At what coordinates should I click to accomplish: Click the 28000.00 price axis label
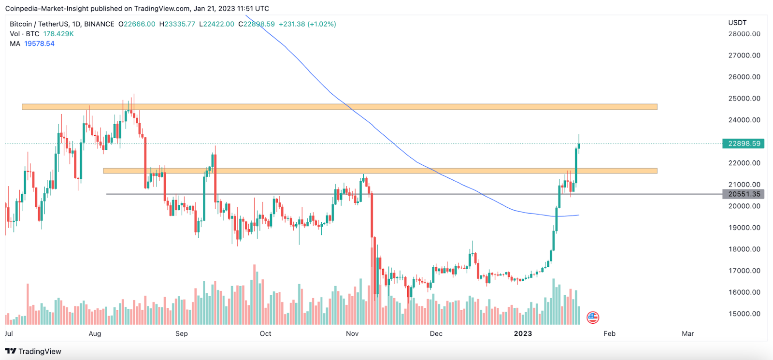[744, 34]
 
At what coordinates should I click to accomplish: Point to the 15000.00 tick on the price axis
[744, 314]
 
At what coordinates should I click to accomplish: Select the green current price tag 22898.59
[744, 144]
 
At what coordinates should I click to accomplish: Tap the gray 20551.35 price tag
[744, 194]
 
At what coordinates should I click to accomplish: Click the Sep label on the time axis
[182, 333]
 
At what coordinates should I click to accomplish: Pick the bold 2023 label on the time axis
[523, 333]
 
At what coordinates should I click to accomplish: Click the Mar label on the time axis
[687, 333]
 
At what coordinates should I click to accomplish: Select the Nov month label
[352, 333]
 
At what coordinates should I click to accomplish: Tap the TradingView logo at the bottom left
[33, 351]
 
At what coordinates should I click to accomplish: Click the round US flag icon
[593, 317]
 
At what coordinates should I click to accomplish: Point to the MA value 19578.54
[39, 43]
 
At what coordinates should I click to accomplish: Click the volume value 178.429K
[58, 34]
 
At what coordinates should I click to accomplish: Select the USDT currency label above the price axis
[737, 23]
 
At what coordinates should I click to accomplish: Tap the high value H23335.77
[177, 24]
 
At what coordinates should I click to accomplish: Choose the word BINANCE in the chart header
[99, 24]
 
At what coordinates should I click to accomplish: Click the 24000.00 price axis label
[744, 120]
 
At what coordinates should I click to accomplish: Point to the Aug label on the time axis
[95, 333]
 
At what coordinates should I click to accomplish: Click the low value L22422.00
[217, 24]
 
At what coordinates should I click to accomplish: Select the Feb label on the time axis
[609, 333]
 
